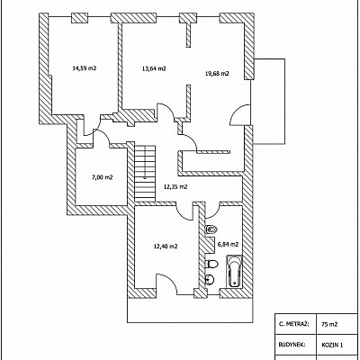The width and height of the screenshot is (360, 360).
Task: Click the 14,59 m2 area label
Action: point(85,68)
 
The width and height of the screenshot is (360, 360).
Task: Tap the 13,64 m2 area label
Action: point(154,68)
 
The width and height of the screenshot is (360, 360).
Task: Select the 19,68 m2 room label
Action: point(217,73)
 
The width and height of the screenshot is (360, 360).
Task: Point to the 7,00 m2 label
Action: point(102,177)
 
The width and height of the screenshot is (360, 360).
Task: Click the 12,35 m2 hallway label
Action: point(175,186)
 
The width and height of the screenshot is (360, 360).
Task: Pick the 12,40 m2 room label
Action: point(166,247)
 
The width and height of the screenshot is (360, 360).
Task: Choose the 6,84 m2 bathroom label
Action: point(228,244)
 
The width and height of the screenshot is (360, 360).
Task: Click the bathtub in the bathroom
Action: point(234,271)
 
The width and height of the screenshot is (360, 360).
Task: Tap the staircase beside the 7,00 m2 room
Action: point(145,174)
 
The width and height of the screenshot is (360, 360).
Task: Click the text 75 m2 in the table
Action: point(328,324)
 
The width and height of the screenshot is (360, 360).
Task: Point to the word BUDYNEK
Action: point(292,345)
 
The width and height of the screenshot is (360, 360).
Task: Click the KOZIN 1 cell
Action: point(332,345)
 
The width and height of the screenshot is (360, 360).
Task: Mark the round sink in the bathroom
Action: point(210,280)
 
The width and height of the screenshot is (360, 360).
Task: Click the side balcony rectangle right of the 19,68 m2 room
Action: point(269,101)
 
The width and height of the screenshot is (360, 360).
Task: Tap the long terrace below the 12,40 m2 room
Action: point(190,310)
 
